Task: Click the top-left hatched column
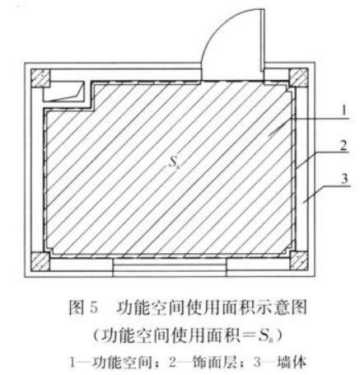coord(40,78)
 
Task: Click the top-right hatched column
coord(298,77)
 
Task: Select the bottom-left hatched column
coord(40,261)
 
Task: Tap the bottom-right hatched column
coord(299,261)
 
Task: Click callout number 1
coord(344,110)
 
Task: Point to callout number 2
coord(344,146)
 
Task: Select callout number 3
coord(344,179)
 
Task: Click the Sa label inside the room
coord(172,162)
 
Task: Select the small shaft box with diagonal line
coord(63,91)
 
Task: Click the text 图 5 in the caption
coord(83,307)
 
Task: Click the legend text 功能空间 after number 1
coord(122,363)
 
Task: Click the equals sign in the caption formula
coord(249,335)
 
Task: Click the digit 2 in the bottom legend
coord(172,363)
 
